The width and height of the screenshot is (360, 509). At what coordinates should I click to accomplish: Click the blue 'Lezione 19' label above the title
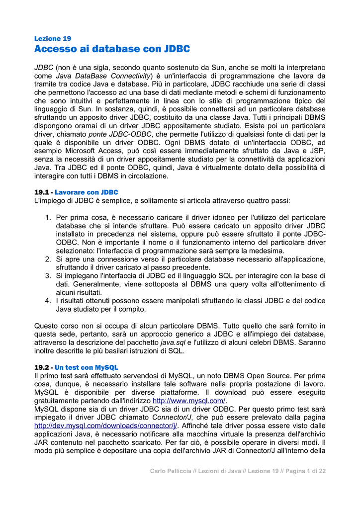tap(52, 38)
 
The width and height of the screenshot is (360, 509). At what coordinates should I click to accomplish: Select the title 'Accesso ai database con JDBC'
tap(112, 49)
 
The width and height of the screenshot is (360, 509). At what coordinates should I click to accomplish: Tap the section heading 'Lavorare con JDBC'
tap(86, 192)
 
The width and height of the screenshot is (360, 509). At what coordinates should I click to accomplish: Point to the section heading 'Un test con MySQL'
tap(86, 367)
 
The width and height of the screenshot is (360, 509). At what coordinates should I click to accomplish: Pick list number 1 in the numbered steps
tap(48, 218)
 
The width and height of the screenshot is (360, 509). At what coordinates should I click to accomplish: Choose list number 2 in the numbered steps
tap(48, 259)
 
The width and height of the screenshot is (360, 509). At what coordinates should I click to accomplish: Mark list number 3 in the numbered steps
tap(48, 275)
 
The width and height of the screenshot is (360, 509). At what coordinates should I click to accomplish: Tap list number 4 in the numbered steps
tap(48, 301)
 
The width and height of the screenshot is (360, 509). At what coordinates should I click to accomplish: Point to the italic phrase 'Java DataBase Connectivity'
tap(103, 76)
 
